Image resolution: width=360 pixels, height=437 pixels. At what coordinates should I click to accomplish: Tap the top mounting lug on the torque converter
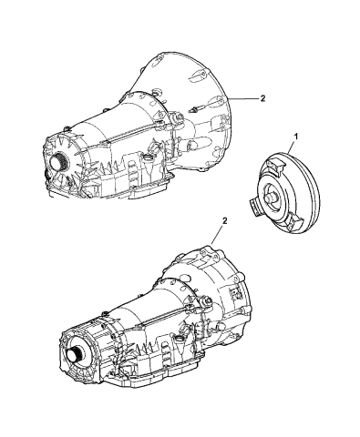[273, 162]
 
